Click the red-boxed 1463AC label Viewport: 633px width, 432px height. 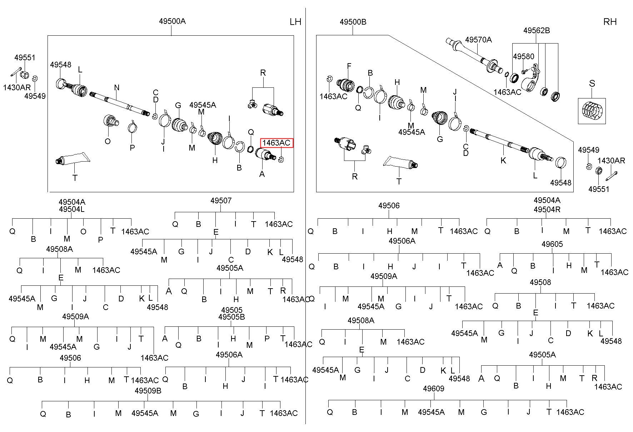276,143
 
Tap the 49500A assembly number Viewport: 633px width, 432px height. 172,21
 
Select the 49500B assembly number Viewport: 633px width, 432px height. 353,22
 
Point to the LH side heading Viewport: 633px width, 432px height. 295,22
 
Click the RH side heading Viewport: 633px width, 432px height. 610,22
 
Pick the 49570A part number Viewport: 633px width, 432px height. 478,40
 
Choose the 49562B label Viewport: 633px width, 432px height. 537,31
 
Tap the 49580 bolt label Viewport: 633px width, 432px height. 524,57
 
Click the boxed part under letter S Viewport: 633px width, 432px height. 592,111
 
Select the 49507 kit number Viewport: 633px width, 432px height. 221,200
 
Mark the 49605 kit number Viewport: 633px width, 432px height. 552,244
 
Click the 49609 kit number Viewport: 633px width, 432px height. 433,388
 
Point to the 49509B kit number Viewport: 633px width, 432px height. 148,391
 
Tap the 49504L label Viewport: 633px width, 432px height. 72,209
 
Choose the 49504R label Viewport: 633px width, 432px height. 547,209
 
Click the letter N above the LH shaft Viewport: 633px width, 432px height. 117,87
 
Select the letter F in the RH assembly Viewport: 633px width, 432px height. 349,66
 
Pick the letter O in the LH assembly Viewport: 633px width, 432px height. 108,141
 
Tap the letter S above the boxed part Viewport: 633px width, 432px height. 592,83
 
